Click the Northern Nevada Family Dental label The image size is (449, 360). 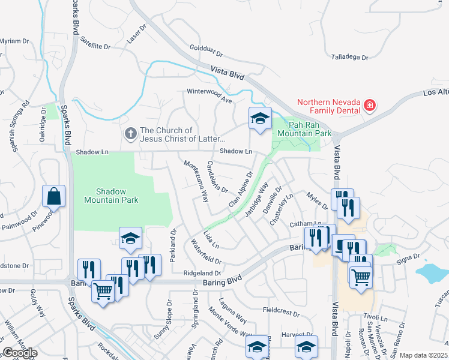[x=327, y=106]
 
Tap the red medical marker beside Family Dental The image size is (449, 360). [x=370, y=106]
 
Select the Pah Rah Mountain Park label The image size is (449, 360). [x=301, y=128]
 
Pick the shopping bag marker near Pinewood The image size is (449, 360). [x=54, y=196]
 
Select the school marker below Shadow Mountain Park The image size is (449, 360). [x=130, y=239]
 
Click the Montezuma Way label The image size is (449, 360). [x=196, y=180]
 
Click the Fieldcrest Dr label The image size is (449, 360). [x=281, y=313]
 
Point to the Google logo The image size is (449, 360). [x=20, y=353]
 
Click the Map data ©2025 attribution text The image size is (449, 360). [x=423, y=355]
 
